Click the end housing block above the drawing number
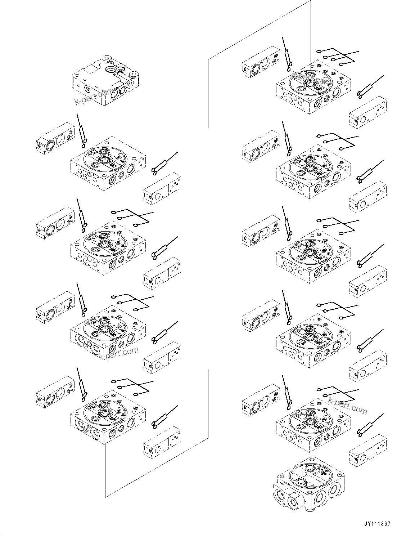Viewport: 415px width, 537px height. click(309, 484)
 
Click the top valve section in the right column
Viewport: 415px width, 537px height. click(313, 88)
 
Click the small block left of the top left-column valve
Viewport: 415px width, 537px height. click(55, 138)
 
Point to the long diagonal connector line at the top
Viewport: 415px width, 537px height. click(259, 29)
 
